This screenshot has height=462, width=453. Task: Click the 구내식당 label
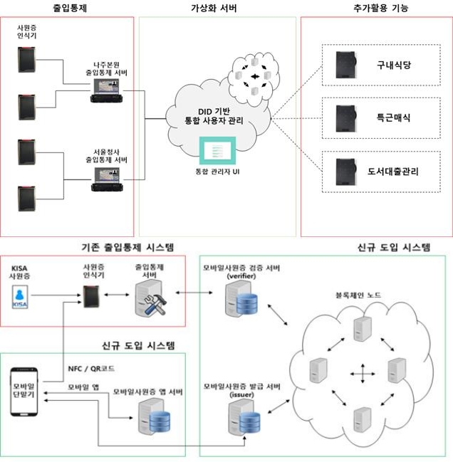[x=394, y=63]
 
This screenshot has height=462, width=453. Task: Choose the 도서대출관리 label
[x=394, y=171]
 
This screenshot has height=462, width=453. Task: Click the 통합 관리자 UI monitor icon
[x=212, y=152]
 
